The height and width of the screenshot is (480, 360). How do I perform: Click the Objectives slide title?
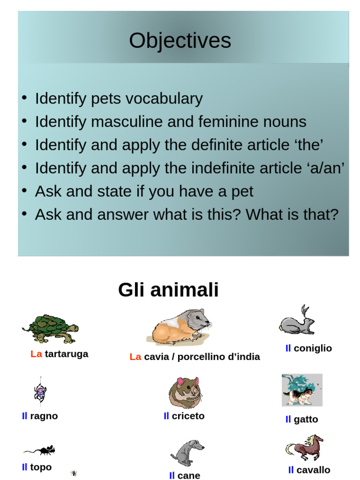pos(180,41)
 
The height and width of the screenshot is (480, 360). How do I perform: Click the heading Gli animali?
pos(168,290)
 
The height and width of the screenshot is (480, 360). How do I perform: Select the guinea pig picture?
pos(180,326)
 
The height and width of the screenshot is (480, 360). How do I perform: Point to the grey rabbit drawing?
pos(297,321)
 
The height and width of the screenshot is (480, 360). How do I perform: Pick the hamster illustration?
pos(185,393)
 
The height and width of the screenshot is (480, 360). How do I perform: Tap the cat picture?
pos(301,390)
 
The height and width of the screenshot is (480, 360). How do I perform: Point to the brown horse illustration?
pos(305,448)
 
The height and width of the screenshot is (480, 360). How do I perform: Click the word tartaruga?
pos(67,354)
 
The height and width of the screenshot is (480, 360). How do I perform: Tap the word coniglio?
pos(313,348)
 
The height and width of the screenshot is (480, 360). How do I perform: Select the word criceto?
pos(188,416)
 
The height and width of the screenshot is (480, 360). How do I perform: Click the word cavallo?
pos(313,470)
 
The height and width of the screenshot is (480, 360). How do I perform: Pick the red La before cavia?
pos(135,357)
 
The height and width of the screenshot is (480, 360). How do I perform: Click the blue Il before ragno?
pos(24,416)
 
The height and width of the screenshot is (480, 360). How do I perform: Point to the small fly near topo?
pos(74,473)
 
